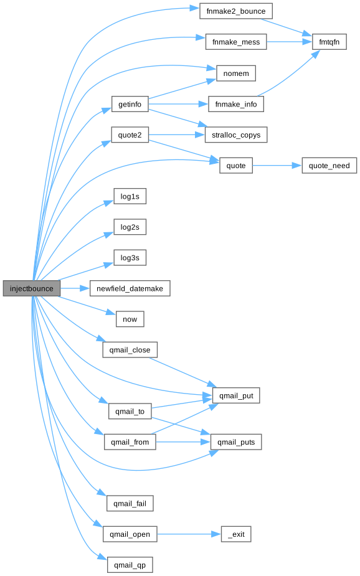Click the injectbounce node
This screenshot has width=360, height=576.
click(32, 288)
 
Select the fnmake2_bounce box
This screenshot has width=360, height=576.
click(236, 11)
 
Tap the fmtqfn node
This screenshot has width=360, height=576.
click(329, 42)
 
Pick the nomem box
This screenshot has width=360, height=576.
click(236, 73)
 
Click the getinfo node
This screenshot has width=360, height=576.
click(130, 105)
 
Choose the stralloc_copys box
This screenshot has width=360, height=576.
click(236, 135)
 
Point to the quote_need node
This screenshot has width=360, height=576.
click(329, 166)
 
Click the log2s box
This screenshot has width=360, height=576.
click(130, 227)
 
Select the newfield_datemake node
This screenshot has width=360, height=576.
click(130, 288)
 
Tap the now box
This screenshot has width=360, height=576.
click(130, 319)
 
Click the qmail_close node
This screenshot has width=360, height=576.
click(130, 350)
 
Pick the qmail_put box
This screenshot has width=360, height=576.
click(236, 395)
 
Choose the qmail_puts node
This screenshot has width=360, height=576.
click(236, 442)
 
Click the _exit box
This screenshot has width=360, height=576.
click(236, 534)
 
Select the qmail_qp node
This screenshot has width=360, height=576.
click(130, 565)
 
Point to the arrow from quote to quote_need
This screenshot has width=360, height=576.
click(277, 166)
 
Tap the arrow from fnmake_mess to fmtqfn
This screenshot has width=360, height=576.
click(290, 42)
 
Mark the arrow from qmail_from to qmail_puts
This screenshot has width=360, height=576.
click(183, 442)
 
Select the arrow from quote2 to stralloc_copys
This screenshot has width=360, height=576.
click(177, 135)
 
